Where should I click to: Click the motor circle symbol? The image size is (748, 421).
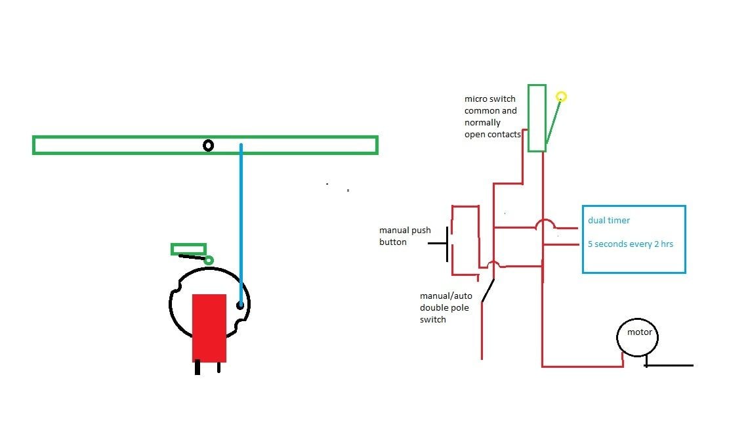(x=638, y=338)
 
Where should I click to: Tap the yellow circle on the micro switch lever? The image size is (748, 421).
(x=561, y=97)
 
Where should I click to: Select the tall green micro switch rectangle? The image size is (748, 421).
(x=537, y=118)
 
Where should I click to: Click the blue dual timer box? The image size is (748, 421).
(x=634, y=256)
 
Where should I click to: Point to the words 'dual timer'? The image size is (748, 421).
(x=609, y=221)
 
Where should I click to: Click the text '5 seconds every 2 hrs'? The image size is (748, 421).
(x=630, y=244)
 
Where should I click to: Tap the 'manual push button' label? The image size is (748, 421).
(x=405, y=236)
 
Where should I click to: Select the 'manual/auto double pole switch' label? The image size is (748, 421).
(x=446, y=307)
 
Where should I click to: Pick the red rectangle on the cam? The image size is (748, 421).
(x=209, y=328)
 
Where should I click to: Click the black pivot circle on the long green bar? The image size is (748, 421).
(x=208, y=145)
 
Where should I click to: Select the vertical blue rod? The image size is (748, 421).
(x=241, y=223)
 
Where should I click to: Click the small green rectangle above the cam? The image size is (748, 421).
(x=188, y=249)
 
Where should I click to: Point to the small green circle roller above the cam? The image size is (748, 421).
(x=209, y=261)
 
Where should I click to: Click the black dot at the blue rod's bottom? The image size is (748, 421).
(x=240, y=305)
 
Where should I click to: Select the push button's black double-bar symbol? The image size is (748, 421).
(x=448, y=244)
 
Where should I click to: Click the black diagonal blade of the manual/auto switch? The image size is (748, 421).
(x=488, y=291)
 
